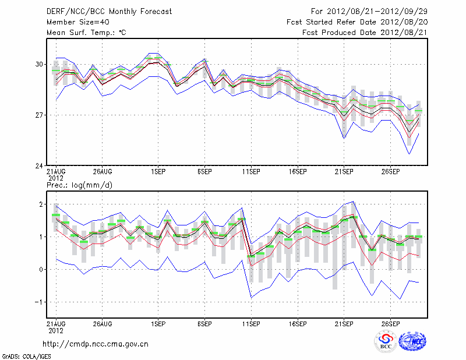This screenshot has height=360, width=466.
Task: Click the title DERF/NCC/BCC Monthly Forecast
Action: [x=109, y=12]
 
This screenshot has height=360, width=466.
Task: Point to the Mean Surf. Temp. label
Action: [x=86, y=33]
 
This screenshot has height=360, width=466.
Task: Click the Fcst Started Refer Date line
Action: [x=356, y=22]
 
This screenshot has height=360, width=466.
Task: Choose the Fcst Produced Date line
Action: [x=365, y=33]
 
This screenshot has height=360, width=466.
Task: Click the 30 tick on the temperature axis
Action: [x=39, y=64]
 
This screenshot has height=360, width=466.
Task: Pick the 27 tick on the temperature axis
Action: [x=39, y=115]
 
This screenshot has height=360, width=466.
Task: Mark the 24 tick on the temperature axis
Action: [x=39, y=166]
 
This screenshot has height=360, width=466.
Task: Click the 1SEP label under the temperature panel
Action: [x=157, y=172]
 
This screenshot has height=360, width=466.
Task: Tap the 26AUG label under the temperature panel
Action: [x=102, y=172]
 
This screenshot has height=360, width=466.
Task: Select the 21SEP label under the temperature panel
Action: [x=344, y=172]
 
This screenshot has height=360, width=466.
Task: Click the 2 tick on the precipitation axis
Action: [x=41, y=204]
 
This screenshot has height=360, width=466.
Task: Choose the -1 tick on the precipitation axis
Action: [x=39, y=302]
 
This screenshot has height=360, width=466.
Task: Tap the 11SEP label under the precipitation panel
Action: [x=250, y=323]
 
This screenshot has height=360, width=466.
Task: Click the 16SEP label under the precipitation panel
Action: [x=297, y=323]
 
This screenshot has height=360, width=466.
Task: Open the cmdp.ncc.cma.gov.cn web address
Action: [x=96, y=344]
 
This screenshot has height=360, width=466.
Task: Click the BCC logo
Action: [x=386, y=341]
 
